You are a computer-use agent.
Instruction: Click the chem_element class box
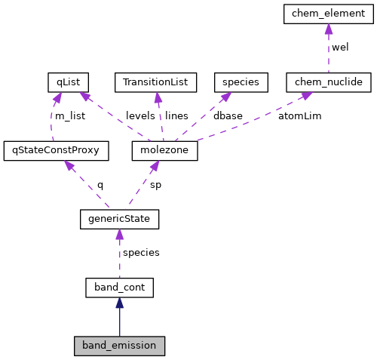328,14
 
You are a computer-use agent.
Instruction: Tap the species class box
237,82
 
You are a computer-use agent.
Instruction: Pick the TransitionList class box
155,82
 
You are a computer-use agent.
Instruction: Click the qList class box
68,82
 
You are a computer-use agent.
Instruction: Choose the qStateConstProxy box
56,150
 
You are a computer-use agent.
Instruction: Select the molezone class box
164,150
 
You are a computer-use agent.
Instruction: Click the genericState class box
119,219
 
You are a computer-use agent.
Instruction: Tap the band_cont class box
119,287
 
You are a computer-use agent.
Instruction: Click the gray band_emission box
119,346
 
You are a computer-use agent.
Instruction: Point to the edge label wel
340,48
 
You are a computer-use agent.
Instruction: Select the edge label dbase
228,116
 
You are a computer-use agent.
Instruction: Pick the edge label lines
176,116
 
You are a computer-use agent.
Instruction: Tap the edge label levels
140,116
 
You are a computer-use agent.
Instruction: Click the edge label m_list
69,116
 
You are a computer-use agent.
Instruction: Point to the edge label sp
155,184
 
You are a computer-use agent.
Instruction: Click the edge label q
100,184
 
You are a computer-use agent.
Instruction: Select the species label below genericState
141,253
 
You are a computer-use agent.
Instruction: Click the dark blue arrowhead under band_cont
119,303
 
